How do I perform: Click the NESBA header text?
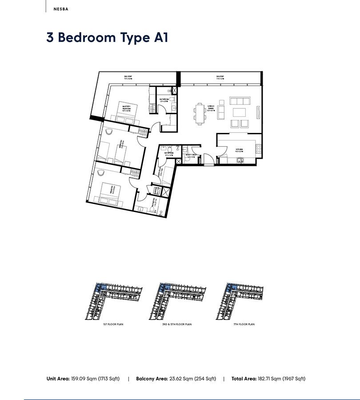[61, 8]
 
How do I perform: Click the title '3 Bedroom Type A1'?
[107, 37]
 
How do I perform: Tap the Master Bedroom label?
[132, 106]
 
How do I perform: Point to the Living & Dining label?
[212, 108]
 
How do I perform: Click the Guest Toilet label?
[192, 156]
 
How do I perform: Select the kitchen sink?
[239, 160]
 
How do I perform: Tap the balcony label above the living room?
[220, 77]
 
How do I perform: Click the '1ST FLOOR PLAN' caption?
[113, 324]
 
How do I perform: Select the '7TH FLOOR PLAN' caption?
[244, 324]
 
